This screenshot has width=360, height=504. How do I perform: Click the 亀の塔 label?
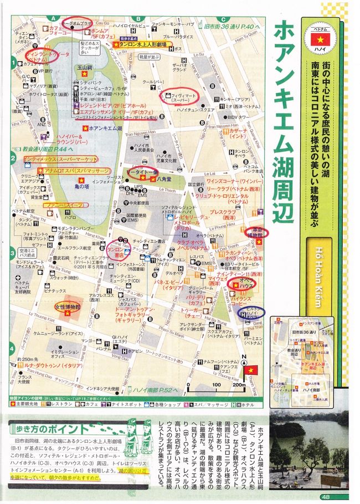(x=95, y=181)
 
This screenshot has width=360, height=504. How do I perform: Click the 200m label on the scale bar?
(x=239, y=385)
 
